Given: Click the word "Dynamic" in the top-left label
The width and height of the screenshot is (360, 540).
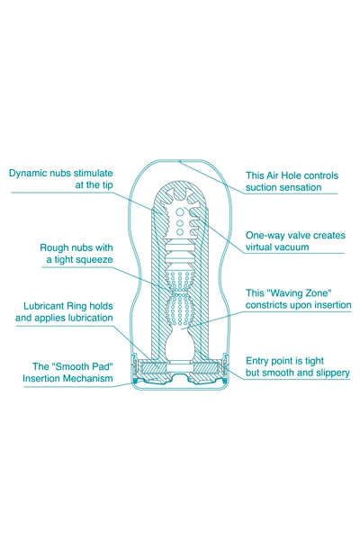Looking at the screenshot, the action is (x=27, y=173).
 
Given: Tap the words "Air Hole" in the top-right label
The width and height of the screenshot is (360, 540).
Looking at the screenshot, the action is (x=285, y=175).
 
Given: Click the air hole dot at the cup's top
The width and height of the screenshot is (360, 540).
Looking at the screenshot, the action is (x=179, y=161).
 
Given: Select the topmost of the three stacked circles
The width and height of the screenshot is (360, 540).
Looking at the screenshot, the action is (x=179, y=211).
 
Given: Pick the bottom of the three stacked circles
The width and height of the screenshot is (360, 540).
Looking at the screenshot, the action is (x=179, y=232).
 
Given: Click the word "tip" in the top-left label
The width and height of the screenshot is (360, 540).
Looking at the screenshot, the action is (x=107, y=185).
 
